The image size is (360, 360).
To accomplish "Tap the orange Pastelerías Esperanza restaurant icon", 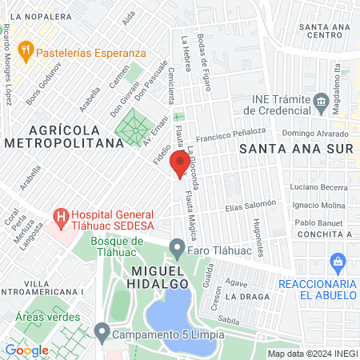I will click(x=26, y=50).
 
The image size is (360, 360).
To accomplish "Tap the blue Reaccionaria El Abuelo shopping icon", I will click(x=338, y=262).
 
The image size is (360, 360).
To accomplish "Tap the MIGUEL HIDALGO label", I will click(x=156, y=276).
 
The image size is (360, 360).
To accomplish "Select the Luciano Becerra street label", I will click(x=319, y=187).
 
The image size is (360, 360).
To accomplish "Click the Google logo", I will click(x=26, y=350).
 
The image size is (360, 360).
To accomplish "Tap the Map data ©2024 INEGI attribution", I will click(x=312, y=354).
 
